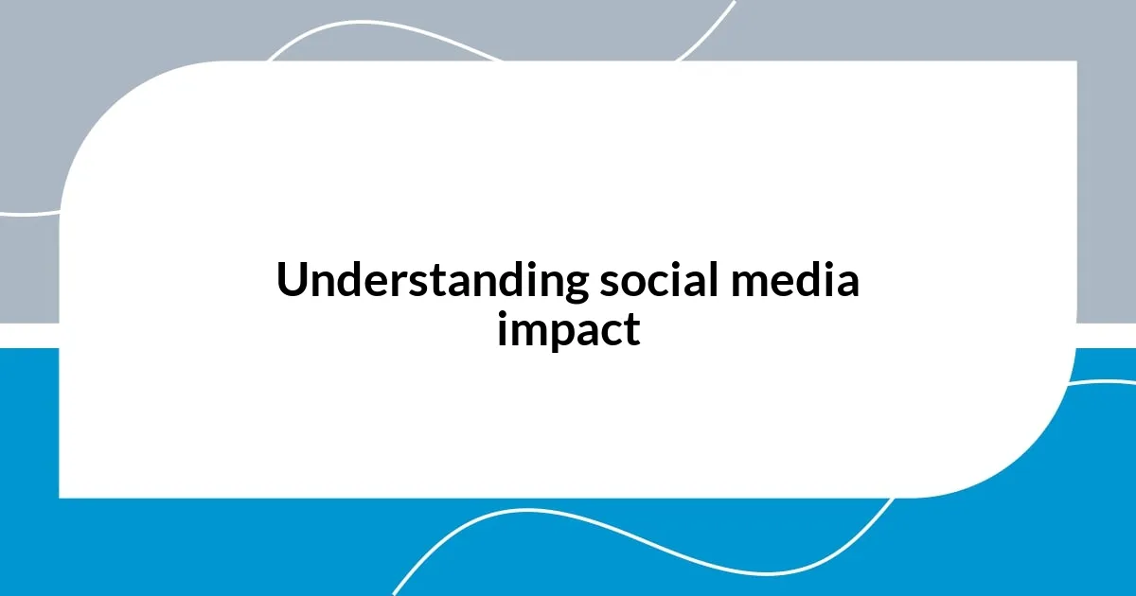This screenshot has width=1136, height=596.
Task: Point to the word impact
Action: [568, 330]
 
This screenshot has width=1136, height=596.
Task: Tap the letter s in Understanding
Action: [456, 284]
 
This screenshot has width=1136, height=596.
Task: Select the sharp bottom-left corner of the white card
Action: [61, 496]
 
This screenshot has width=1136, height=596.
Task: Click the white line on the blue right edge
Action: [1108, 383]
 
